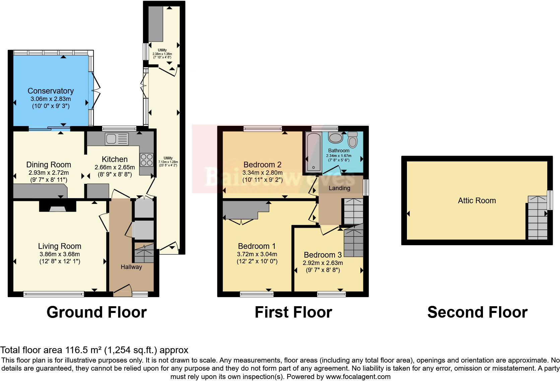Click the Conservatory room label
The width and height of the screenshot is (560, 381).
51,91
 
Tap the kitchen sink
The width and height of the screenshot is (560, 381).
117,139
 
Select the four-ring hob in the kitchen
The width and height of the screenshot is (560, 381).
146,160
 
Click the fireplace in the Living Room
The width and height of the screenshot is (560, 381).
58,207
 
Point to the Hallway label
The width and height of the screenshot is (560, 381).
131,267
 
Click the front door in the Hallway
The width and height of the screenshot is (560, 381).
123,290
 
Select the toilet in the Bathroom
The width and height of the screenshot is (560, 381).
353,140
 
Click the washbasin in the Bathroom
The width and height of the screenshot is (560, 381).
335,138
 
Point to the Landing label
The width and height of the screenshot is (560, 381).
339,188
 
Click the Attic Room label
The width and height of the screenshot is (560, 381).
477,201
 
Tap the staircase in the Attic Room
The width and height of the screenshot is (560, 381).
537,218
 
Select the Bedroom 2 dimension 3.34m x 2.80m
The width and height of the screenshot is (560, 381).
263,173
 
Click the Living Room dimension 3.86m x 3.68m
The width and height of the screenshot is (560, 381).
60,254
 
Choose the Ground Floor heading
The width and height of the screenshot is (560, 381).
96,312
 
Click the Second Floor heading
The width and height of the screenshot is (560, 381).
477,312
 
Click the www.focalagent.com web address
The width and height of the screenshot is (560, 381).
358,377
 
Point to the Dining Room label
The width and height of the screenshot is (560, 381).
49,165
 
